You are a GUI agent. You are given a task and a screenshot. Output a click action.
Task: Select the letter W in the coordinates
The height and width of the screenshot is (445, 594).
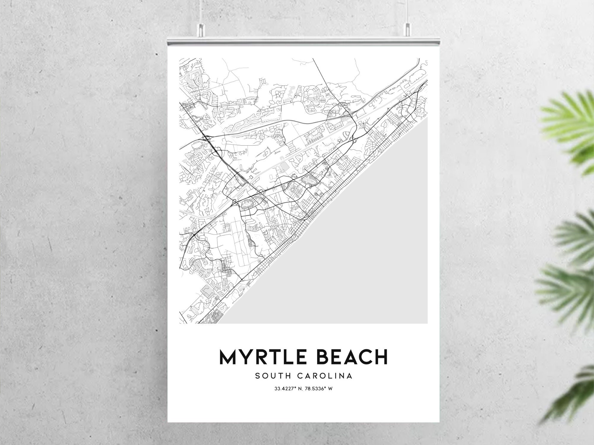330,388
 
